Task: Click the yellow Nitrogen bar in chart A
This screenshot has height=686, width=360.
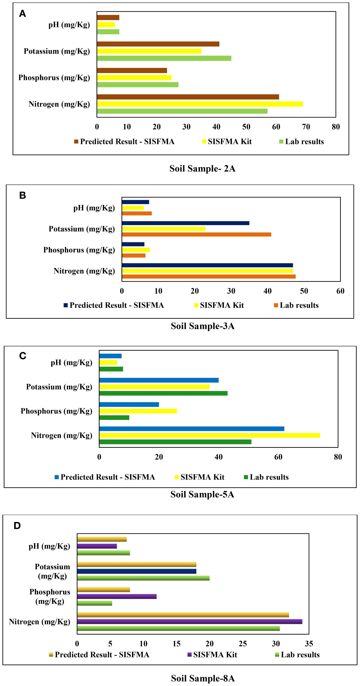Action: click(x=200, y=104)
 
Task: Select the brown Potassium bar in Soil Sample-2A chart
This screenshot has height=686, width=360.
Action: click(x=158, y=44)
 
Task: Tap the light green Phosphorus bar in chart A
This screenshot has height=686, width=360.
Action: click(x=138, y=85)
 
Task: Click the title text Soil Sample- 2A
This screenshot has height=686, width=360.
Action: click(x=202, y=169)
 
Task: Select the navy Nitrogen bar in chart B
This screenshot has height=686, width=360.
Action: click(x=207, y=265)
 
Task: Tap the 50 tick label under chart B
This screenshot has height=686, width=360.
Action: click(x=304, y=291)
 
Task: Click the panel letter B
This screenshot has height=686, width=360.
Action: click(x=23, y=196)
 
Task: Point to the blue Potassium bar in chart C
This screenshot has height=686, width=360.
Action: click(x=159, y=380)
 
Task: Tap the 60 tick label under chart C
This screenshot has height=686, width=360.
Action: click(x=278, y=457)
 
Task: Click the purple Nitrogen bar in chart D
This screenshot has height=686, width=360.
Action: click(x=190, y=622)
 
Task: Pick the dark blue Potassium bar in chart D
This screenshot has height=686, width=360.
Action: click(x=137, y=571)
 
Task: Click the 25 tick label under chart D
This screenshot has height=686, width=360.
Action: click(x=243, y=644)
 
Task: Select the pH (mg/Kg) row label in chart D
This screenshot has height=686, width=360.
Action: click(x=49, y=546)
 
